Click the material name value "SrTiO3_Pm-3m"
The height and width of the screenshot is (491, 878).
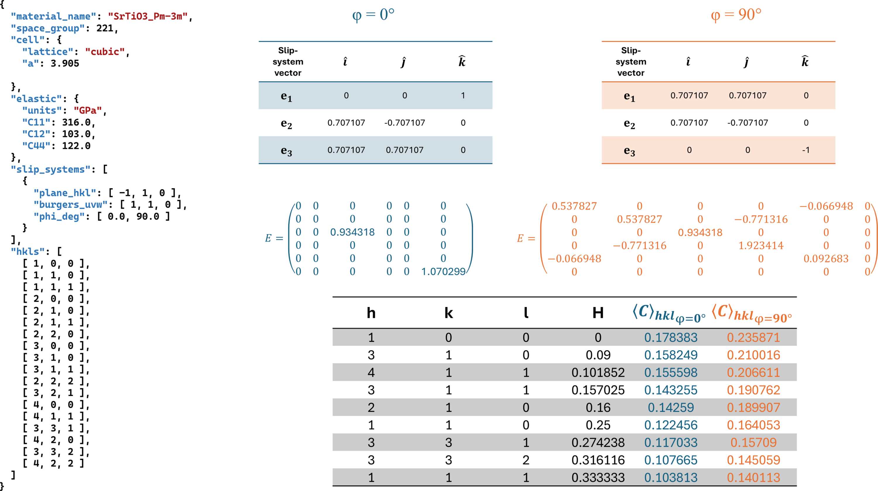[x=148, y=16]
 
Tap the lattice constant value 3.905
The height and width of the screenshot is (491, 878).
[x=65, y=63]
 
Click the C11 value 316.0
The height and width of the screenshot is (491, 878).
[x=76, y=122]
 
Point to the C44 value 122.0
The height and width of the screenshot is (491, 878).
[x=76, y=146]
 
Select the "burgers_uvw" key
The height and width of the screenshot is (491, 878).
[x=71, y=205]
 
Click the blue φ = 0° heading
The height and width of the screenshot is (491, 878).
[x=373, y=15]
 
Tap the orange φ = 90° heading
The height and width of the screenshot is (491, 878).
[x=736, y=15]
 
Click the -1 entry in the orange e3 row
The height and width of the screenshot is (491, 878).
[x=806, y=150]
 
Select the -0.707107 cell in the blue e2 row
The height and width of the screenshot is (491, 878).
[x=404, y=123]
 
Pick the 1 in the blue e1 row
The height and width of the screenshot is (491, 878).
[x=463, y=95]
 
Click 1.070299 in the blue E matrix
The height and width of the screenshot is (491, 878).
[x=443, y=272]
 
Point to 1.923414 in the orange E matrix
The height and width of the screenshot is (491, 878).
[x=761, y=245]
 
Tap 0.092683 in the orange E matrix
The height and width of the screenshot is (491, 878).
[x=826, y=259]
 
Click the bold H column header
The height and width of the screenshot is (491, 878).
[x=598, y=313]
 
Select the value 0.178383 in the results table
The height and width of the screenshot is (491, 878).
[x=671, y=337]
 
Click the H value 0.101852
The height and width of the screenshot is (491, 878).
[x=598, y=372]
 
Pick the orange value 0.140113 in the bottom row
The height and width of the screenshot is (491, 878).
[x=753, y=477]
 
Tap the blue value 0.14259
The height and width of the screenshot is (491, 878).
[x=671, y=408]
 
